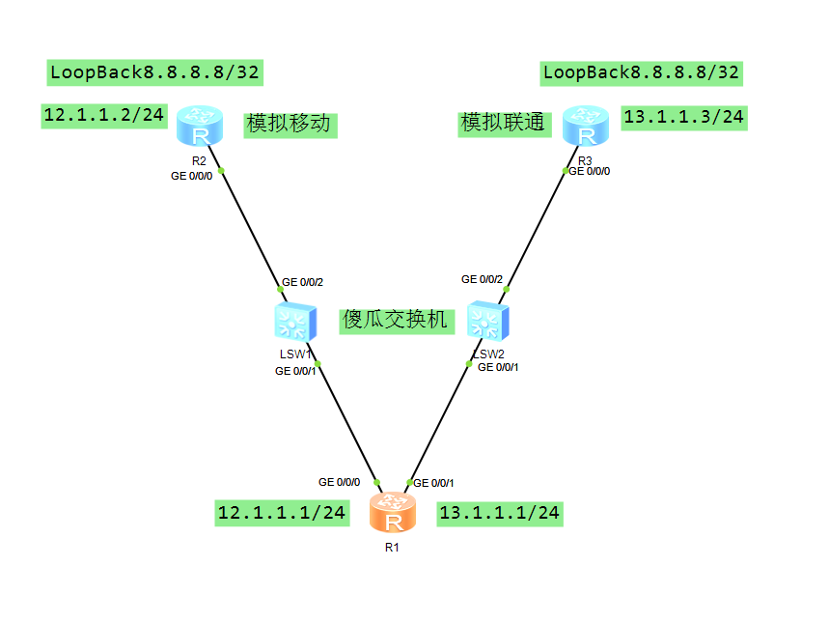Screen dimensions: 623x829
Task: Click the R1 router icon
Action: click(x=393, y=514)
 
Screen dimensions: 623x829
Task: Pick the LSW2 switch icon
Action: click(x=486, y=321)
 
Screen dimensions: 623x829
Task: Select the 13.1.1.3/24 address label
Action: click(x=684, y=118)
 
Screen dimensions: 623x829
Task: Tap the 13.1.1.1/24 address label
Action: click(x=499, y=514)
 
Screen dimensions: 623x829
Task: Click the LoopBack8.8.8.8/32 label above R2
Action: click(x=154, y=71)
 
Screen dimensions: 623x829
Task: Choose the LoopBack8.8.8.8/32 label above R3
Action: click(x=642, y=71)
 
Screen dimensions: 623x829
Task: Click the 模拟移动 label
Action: click(x=290, y=124)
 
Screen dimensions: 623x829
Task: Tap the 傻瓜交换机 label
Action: click(x=396, y=320)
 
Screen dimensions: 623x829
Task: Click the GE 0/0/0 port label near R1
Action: click(x=340, y=482)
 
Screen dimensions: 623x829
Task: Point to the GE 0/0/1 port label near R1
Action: click(x=433, y=482)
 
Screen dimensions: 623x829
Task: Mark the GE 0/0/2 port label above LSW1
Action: click(x=302, y=283)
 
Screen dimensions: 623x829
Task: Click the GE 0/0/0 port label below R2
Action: click(x=191, y=176)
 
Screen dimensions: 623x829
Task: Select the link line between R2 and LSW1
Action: click(x=249, y=227)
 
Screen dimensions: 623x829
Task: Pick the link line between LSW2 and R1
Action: click(x=439, y=423)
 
